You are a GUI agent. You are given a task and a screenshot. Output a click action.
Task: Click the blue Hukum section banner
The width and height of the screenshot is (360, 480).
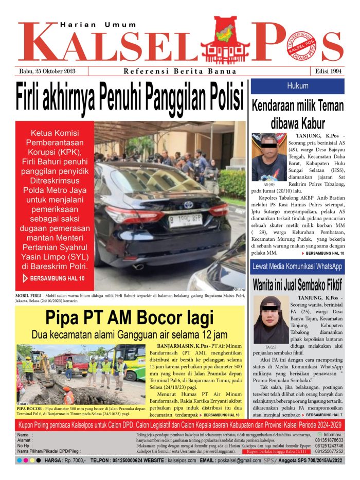pos(298,86)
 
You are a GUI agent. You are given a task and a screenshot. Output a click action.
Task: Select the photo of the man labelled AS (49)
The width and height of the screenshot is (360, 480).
pos(269,156)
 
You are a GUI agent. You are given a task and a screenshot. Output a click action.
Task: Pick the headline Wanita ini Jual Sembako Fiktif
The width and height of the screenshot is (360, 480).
pos(297,284)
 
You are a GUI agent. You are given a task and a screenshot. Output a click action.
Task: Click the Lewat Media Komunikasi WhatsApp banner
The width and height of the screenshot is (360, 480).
pos(297,266)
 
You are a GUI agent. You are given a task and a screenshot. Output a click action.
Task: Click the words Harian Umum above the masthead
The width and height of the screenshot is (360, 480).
pos(98,24)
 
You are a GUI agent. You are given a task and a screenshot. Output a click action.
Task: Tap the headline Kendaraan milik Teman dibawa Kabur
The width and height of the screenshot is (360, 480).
pos(297,114)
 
